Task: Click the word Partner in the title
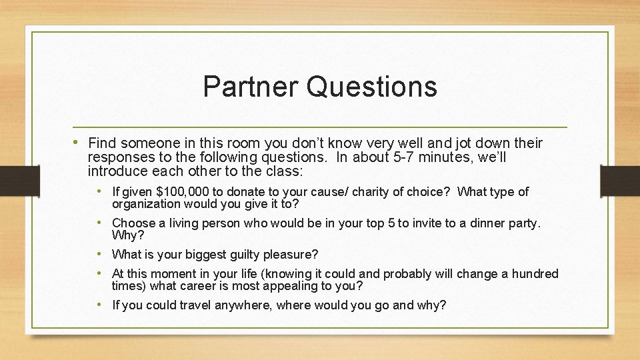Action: [252, 87]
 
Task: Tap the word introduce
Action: [114, 171]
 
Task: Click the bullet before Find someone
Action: [80, 143]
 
